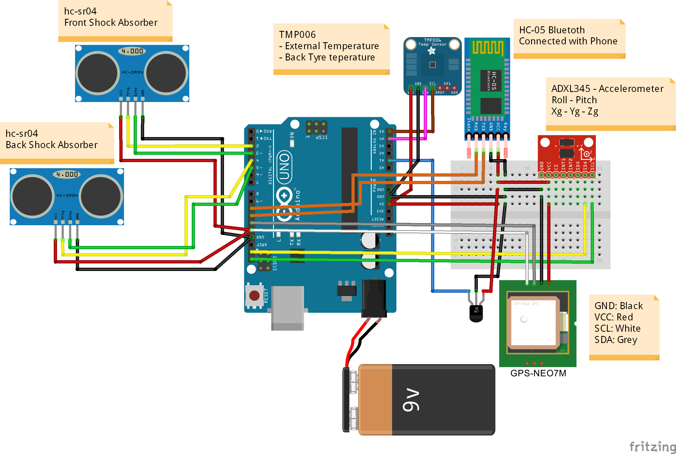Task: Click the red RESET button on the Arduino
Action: tap(254, 296)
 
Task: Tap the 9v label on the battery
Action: tap(411, 399)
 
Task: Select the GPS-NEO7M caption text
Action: tap(538, 373)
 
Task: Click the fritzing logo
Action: tap(652, 446)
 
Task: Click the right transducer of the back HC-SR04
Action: tap(101, 196)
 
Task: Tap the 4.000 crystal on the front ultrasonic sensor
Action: tap(132, 51)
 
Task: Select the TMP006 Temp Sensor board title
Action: tap(432, 42)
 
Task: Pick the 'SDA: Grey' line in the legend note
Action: tap(615, 340)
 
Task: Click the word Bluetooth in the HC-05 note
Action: tap(566, 30)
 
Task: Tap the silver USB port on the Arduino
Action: tap(287, 308)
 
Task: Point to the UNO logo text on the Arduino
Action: tap(284, 167)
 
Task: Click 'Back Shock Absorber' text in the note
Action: tap(52, 145)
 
